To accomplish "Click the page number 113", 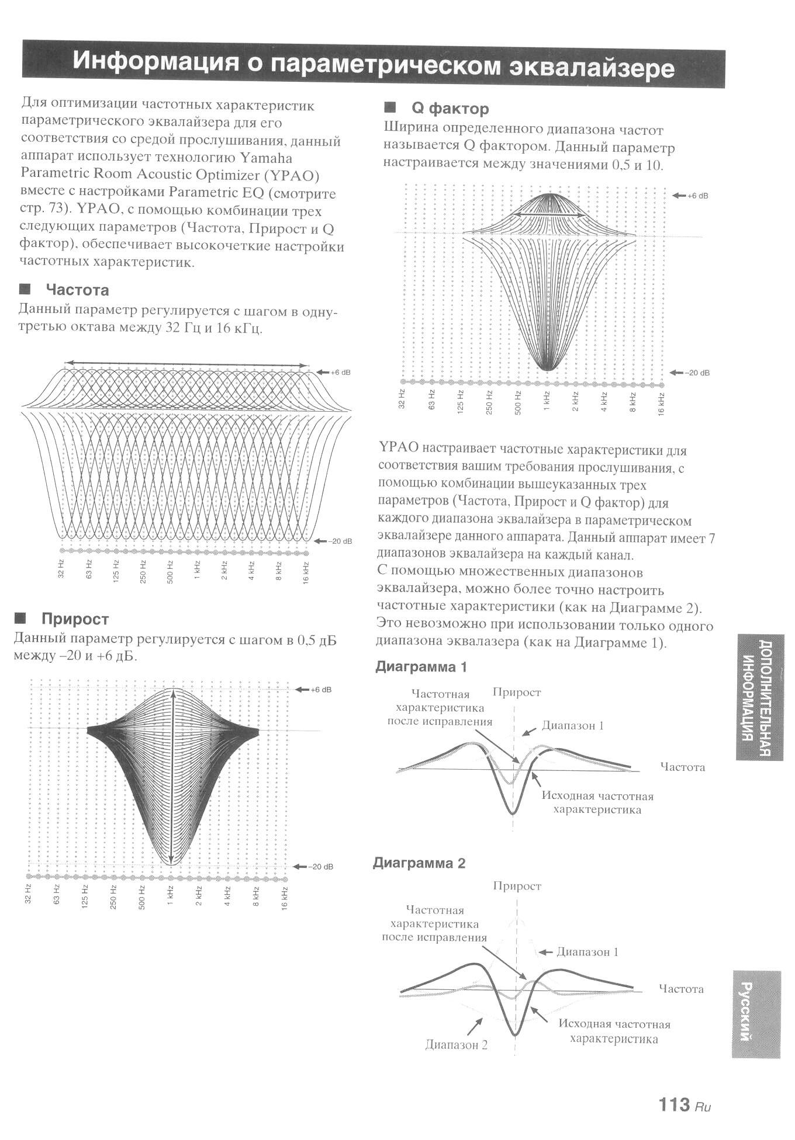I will coord(674,1104).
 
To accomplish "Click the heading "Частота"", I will coord(77,290).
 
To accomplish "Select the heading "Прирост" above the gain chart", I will coord(75,619).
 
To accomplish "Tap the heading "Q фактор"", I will coord(450,109).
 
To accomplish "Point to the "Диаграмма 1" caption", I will coord(421,667).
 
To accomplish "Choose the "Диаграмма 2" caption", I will coord(419,863).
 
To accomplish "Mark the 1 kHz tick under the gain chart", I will coord(171,896).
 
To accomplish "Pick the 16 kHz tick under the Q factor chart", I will coord(661,403).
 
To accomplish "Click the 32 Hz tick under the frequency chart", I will coord(61,569).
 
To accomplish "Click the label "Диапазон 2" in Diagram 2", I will coord(456,1045).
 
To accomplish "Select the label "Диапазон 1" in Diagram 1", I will coord(572,726).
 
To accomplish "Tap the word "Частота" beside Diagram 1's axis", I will coord(682,767).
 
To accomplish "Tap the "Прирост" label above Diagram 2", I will coord(517,886).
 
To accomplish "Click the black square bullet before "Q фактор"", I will coord(390,107).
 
